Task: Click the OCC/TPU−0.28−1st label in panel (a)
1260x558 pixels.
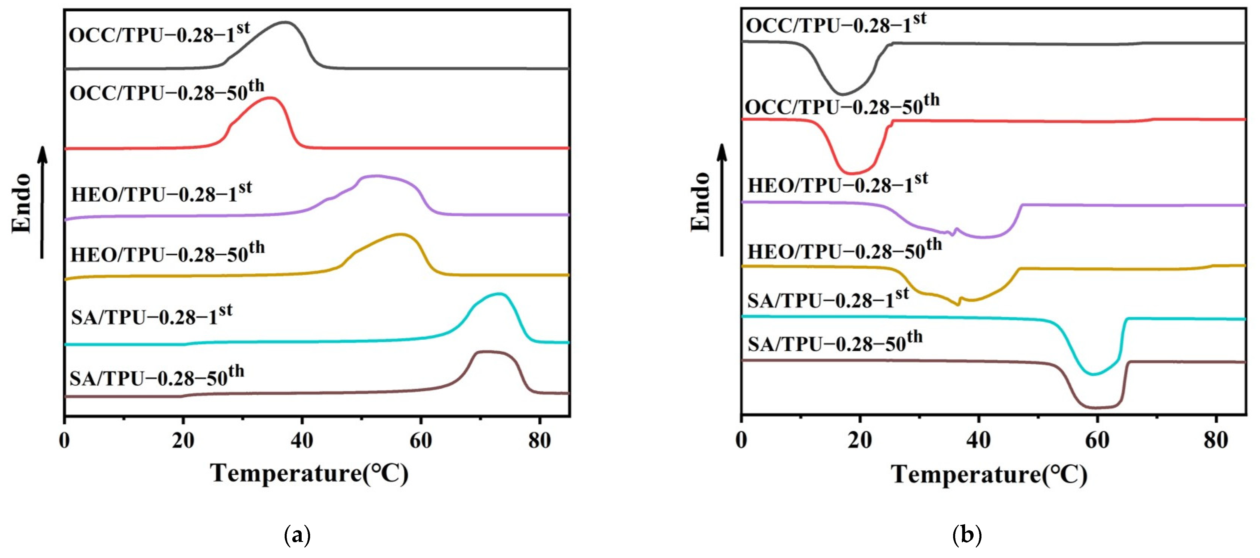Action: pyautogui.click(x=159, y=34)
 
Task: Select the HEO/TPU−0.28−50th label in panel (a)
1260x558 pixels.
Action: pyautogui.click(x=167, y=253)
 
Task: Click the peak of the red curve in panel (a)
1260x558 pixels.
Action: pyautogui.click(x=269, y=98)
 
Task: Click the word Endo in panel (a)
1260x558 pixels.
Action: pyautogui.click(x=22, y=203)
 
